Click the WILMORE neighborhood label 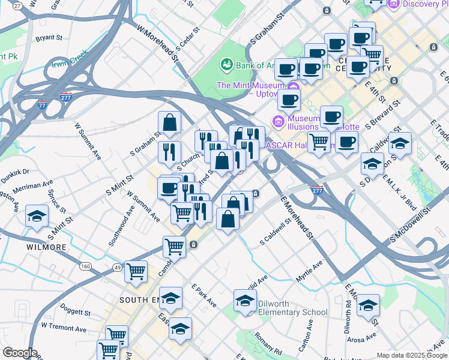point(46,247)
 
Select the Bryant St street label point(49,38)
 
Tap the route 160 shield point(86,266)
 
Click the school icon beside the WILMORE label point(37,215)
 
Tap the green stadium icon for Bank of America point(226,63)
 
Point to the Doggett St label point(74,313)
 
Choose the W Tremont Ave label point(64,328)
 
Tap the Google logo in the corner point(20,353)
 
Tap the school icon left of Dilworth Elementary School point(244,301)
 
